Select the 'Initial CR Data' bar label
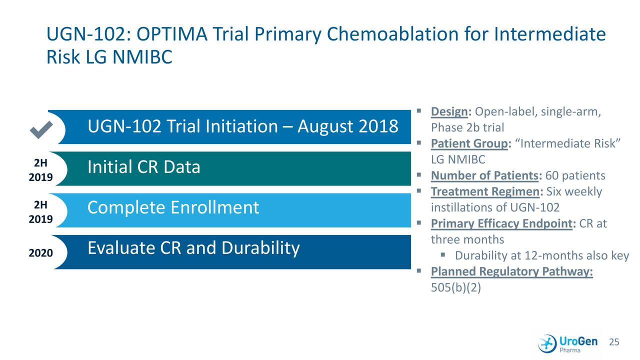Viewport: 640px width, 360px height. tap(143, 167)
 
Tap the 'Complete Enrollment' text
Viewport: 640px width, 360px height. tap(173, 207)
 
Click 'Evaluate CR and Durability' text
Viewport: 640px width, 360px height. tap(193, 247)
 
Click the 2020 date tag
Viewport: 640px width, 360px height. tap(40, 253)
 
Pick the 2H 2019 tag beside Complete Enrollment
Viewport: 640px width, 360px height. tap(40, 212)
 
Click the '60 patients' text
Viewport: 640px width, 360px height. tap(575, 176)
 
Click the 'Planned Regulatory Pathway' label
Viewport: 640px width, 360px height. tap(511, 271)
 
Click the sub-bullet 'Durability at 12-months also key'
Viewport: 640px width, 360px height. tap(541, 256)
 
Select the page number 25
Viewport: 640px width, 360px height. tap(614, 342)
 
